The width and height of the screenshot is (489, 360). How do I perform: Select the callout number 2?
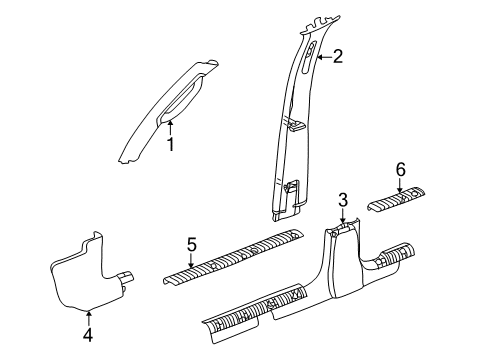tap(338, 58)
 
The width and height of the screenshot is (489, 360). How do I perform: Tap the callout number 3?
tap(342, 201)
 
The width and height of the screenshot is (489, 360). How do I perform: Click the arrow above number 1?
tap(171, 127)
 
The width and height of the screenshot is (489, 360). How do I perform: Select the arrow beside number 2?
tap(322, 59)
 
